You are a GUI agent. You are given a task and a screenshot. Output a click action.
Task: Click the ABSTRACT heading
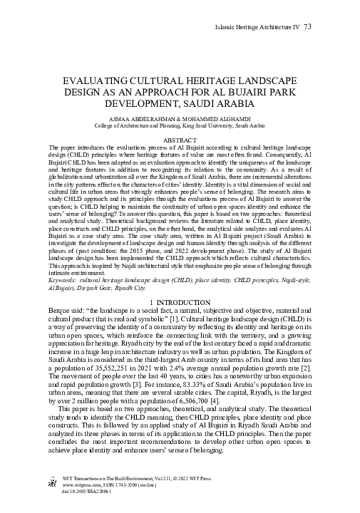click(180, 140)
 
